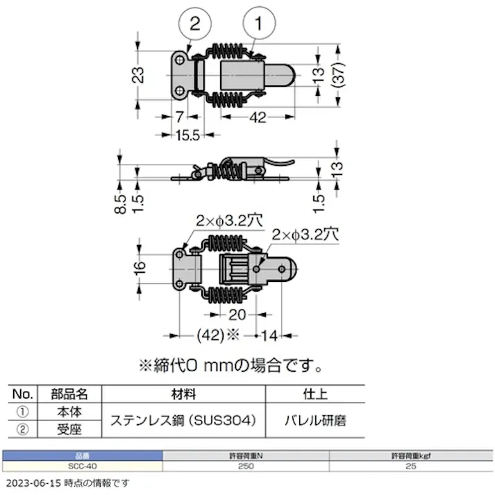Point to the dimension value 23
click(138, 74)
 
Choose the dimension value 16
click(139, 267)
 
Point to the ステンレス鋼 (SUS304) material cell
click(184, 421)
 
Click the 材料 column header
click(184, 394)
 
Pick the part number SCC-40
click(82, 466)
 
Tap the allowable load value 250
click(245, 466)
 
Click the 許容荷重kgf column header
click(411, 455)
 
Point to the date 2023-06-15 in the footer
click(33, 483)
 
